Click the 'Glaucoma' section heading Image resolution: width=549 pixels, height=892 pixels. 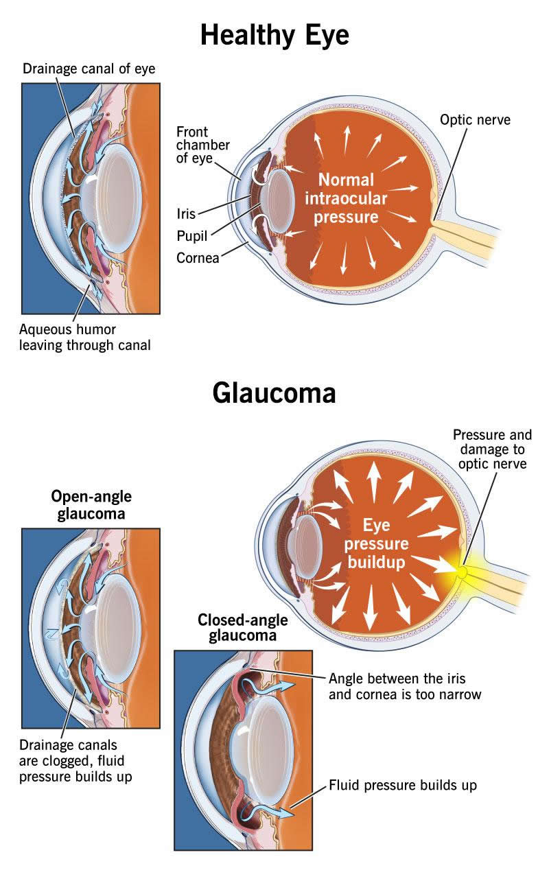click(274, 392)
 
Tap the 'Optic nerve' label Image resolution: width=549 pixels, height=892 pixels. click(475, 121)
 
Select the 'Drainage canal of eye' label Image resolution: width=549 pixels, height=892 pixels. click(89, 69)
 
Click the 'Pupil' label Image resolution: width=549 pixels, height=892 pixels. click(191, 236)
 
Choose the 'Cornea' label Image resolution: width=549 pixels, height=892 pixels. click(198, 258)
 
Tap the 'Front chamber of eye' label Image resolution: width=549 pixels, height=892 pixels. click(202, 145)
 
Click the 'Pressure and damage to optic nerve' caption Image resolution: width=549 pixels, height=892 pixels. click(492, 449)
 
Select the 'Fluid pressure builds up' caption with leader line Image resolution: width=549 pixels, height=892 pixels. click(403, 784)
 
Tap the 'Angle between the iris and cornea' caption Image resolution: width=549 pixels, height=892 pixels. click(405, 686)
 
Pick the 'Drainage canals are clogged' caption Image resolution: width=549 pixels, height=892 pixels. click(77, 760)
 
